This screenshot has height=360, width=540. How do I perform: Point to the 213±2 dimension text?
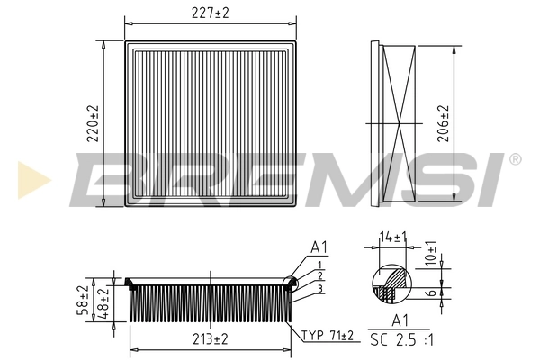tap(210, 339)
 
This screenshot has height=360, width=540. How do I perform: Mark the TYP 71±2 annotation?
tap(328, 336)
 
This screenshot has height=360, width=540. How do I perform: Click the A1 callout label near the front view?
tap(319, 247)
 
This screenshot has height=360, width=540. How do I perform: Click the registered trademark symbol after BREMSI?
tap(515, 159)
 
